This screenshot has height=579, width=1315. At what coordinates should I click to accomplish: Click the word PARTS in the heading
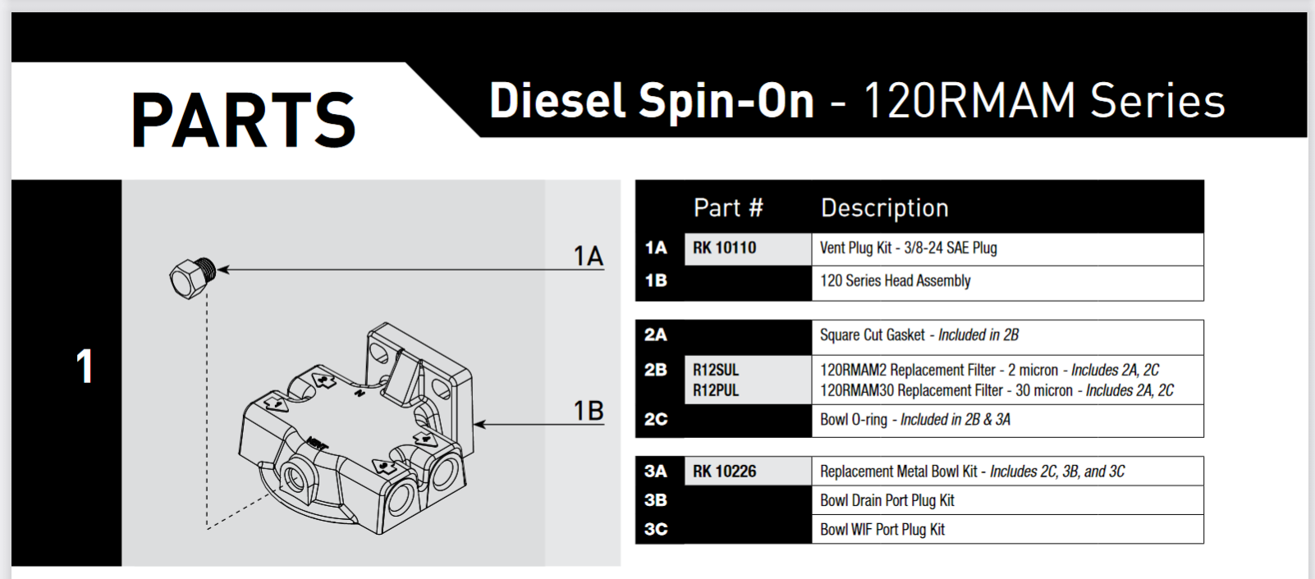[x=243, y=121]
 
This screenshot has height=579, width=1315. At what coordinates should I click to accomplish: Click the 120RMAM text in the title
[x=969, y=101]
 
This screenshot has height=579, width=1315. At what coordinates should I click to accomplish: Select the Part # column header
[x=728, y=208]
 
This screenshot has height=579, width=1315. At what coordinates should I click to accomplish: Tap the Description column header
[x=884, y=208]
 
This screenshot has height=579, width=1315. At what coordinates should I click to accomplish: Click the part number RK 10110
[x=724, y=248]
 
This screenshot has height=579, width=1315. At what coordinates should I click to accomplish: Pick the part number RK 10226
[x=724, y=472]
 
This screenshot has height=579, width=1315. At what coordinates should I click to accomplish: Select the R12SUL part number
[x=716, y=370]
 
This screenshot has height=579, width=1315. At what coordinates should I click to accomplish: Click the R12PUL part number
[x=716, y=390]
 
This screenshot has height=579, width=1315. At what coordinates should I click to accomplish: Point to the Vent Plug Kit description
[x=908, y=248]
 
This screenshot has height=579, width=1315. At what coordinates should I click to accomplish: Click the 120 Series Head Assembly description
[x=895, y=280]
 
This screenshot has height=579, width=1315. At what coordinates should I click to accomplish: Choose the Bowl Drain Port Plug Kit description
[x=887, y=500]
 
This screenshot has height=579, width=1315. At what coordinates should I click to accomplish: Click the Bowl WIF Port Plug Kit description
[x=882, y=530]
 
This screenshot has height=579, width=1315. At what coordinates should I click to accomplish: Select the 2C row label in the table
[x=656, y=419]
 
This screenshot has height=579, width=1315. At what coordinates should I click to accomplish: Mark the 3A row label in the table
[x=656, y=472]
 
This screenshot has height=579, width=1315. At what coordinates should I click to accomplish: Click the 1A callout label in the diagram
[x=588, y=257]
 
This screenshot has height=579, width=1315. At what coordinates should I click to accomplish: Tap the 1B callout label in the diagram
[x=588, y=410]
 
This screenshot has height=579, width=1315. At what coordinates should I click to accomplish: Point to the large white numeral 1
[x=85, y=367]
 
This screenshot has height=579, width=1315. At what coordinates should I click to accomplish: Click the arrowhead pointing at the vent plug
[x=223, y=269]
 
